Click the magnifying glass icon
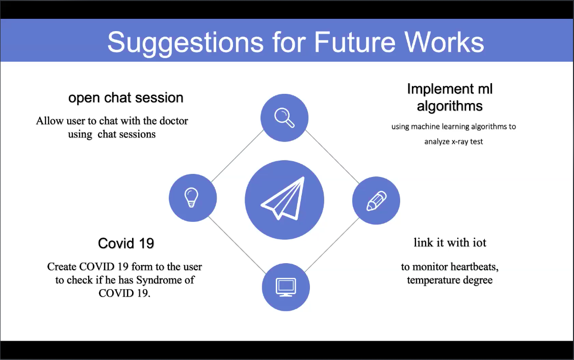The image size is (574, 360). click(284, 118)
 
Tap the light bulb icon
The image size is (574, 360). click(191, 197)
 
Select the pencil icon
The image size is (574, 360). click(376, 201)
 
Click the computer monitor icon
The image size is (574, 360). click(285, 288)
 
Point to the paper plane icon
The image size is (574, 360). click(283, 199)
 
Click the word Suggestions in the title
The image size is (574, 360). click(185, 42)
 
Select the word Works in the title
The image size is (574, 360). click(444, 42)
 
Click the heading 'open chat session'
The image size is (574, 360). click(125, 98)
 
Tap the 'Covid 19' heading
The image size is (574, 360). click(126, 244)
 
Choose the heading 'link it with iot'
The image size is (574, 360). click(450, 242)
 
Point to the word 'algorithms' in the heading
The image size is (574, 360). click(450, 106)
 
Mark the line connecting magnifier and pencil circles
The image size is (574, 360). click(332, 157)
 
